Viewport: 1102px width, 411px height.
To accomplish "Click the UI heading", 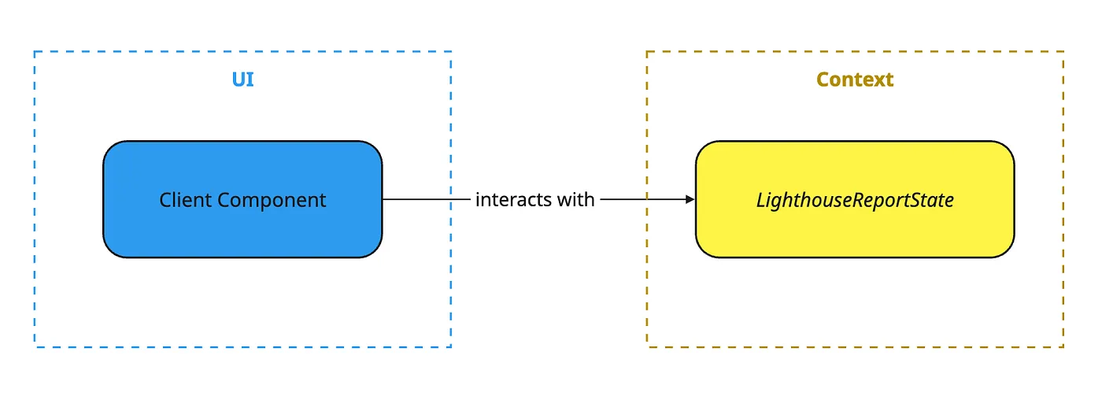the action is pos(242,80).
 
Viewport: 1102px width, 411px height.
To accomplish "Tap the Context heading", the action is pos(855,80).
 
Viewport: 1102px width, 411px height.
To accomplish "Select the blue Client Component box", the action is pos(242,199).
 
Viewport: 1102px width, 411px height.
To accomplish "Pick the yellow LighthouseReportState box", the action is pos(855,199).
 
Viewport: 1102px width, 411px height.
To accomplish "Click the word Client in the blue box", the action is pos(185,200).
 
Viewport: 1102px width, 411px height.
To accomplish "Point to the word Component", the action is pos(272,201).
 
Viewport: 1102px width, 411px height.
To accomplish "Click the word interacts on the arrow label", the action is pos(513,199).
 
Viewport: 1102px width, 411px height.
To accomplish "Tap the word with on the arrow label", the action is pos(576,199).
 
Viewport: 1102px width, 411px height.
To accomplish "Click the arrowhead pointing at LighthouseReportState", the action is pos(690,199).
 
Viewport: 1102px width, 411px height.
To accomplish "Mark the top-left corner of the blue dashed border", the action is pos(35,51).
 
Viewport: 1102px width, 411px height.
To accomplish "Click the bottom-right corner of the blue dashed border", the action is pos(450,347).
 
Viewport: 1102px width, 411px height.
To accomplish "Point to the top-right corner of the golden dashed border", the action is pos(1063,51).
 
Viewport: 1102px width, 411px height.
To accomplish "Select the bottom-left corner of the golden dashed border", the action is pos(647,347).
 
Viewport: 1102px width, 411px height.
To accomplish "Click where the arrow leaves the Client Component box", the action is pos(383,199).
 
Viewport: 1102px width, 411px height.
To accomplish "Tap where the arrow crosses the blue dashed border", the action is pos(450,199).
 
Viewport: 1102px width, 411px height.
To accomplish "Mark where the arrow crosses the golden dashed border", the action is pos(647,199).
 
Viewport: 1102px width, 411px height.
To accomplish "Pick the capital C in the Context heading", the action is pos(823,80).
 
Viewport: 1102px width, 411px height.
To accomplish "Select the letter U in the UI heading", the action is pos(239,80).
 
